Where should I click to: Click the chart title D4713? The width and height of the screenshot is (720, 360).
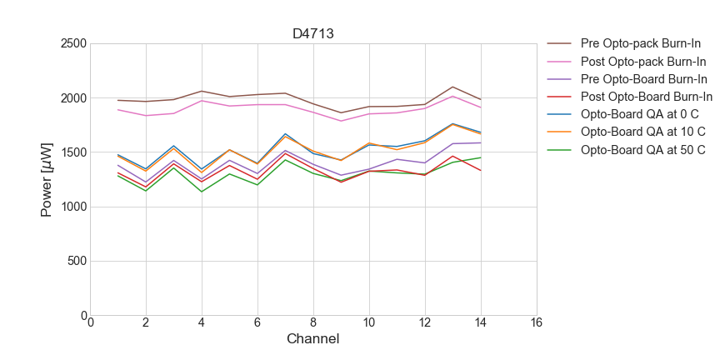click(313, 34)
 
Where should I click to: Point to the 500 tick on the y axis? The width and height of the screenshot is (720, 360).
click(77, 261)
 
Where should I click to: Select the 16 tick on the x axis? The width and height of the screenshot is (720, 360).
click(536, 323)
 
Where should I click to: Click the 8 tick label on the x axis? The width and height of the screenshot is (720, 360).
click(313, 323)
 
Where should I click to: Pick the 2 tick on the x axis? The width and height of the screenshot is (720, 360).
click(146, 323)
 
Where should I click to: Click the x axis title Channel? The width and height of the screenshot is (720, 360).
click(312, 339)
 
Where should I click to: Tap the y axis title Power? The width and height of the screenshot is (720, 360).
click(47, 179)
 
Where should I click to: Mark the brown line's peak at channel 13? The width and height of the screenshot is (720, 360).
click(452, 87)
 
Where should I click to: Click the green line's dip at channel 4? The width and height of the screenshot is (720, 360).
click(202, 192)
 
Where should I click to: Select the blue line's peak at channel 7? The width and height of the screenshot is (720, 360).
click(285, 133)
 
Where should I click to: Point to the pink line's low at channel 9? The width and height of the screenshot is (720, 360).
click(341, 121)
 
